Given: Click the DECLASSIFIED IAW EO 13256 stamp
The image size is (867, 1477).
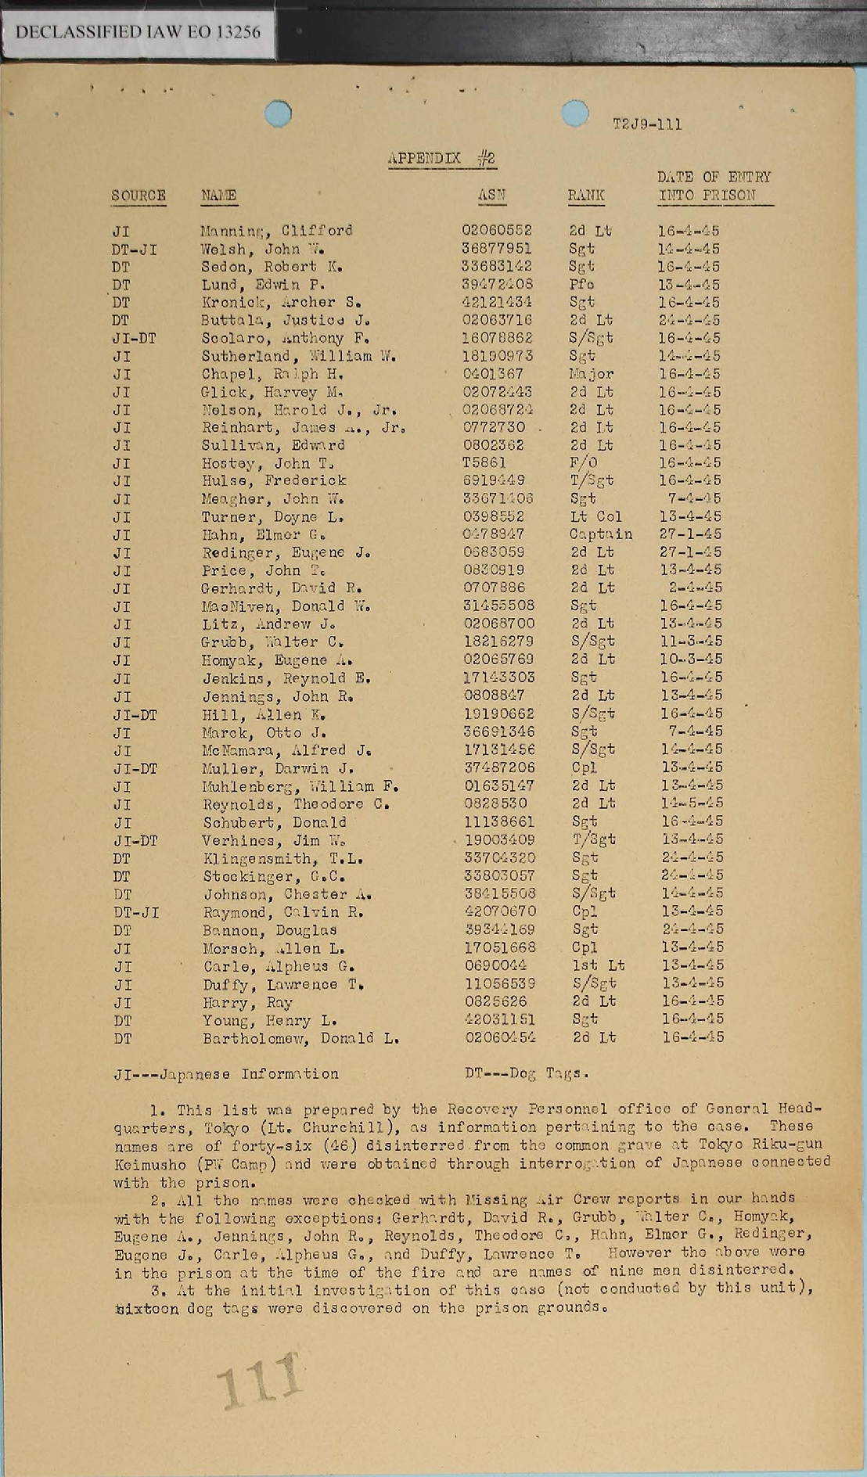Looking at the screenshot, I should pyautogui.click(x=138, y=32).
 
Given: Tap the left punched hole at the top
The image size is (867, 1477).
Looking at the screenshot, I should pyautogui.click(x=278, y=114).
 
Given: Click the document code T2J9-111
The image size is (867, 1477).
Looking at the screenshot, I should pyautogui.click(x=646, y=124).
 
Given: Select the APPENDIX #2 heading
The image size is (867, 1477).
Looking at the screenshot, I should pyautogui.click(x=441, y=159).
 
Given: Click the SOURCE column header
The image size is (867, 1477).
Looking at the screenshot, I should pyautogui.click(x=139, y=196).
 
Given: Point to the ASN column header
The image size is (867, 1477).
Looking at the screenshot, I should pyautogui.click(x=491, y=196).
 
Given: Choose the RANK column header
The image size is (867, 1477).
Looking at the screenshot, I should pyautogui.click(x=585, y=196).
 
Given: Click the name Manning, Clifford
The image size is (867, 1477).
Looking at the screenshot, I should pyautogui.click(x=276, y=231).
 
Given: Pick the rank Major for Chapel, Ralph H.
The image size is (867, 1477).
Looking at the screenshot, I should pyautogui.click(x=592, y=374).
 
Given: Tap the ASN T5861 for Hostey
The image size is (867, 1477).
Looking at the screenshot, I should pyautogui.click(x=484, y=463).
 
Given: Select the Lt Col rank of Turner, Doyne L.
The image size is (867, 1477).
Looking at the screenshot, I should pyautogui.click(x=596, y=516).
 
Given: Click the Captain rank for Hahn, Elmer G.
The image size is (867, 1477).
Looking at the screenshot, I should pyautogui.click(x=600, y=534).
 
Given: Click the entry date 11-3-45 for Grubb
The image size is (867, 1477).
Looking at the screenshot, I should pyautogui.click(x=690, y=641).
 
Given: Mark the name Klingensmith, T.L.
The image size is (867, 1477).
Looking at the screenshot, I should pyautogui.click(x=283, y=858).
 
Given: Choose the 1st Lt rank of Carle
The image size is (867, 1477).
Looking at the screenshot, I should pyautogui.click(x=593, y=965).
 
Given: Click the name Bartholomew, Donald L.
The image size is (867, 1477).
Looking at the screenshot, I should pyautogui.click(x=301, y=1038).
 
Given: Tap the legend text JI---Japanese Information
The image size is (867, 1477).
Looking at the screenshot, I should pyautogui.click(x=226, y=1074).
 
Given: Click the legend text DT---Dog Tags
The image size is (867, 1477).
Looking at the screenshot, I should pyautogui.click(x=527, y=1074).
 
